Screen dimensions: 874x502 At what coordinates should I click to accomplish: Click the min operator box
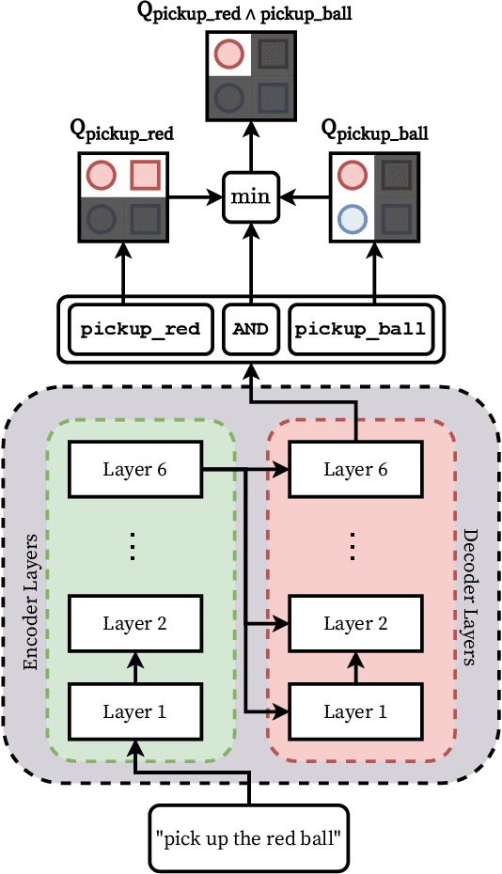click(250, 197)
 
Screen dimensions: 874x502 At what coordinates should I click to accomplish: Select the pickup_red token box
click(140, 329)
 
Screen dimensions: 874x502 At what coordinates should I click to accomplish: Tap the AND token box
click(250, 329)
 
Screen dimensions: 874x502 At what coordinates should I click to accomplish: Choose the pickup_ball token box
click(360, 329)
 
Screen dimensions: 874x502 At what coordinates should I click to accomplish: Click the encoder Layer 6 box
click(133, 469)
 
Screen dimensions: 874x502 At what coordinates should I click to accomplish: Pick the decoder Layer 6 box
click(354, 469)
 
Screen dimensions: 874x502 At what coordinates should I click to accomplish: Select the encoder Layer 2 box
click(133, 623)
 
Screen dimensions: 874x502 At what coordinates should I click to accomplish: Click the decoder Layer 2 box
click(354, 623)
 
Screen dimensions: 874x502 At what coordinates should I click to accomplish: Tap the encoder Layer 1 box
click(133, 711)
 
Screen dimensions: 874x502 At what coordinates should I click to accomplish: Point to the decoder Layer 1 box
click(354, 711)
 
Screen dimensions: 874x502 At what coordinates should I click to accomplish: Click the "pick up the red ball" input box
click(249, 835)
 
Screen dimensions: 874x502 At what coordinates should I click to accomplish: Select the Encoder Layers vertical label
click(31, 602)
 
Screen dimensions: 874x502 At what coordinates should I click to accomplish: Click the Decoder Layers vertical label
click(469, 597)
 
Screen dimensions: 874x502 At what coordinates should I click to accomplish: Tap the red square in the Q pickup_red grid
click(146, 175)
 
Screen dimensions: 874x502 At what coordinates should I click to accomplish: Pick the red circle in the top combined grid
click(227, 54)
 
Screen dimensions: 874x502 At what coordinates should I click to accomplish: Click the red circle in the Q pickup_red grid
click(101, 175)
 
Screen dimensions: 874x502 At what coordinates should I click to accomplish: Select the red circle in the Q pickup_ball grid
click(352, 175)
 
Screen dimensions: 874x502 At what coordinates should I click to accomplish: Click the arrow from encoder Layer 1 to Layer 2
click(133, 668)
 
